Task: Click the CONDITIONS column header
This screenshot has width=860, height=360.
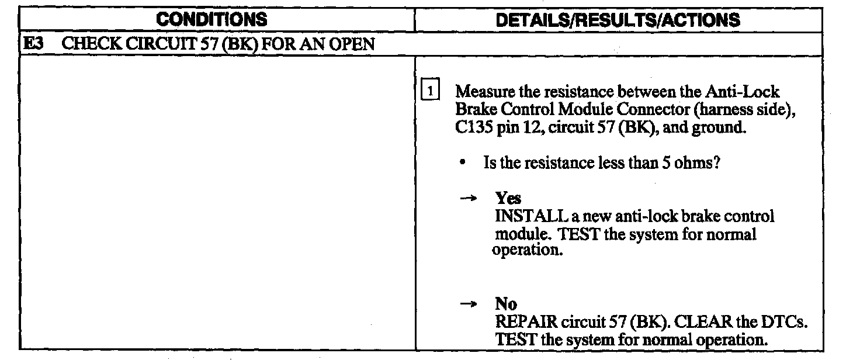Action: (212, 20)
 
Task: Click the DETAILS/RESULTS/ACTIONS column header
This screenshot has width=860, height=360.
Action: (618, 20)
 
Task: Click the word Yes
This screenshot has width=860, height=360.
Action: (508, 199)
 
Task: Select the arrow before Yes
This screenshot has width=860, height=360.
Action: (466, 199)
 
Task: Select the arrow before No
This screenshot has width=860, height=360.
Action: (466, 304)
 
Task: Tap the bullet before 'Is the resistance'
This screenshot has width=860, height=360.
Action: (462, 164)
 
